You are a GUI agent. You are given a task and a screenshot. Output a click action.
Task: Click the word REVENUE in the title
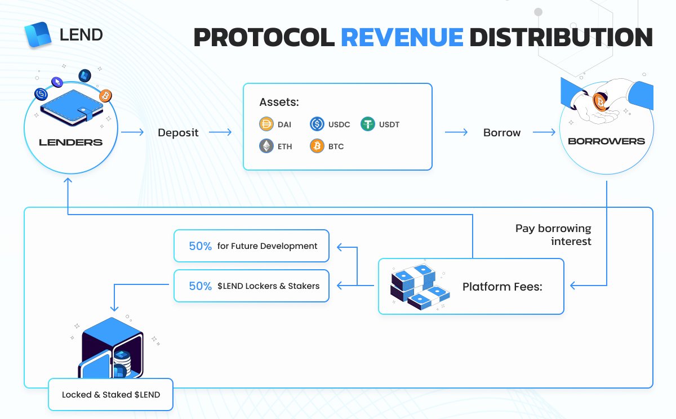point(402,37)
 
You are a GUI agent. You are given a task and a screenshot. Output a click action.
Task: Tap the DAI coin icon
point(266,124)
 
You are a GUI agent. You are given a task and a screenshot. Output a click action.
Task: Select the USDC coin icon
point(317,124)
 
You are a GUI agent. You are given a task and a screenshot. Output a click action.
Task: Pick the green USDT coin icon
point(368,124)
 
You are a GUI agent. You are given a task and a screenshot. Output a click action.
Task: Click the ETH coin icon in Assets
point(266,146)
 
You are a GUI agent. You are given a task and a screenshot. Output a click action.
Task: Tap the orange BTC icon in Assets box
point(317,146)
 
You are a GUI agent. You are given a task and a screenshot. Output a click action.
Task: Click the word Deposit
point(178,133)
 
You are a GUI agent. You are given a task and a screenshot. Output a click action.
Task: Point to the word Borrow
point(502,133)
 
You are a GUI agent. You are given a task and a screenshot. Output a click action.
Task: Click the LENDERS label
point(71,142)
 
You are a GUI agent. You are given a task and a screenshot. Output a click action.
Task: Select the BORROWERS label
point(606,141)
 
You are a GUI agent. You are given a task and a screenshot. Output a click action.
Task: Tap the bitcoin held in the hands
point(601,102)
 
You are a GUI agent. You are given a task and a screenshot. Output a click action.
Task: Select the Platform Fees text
point(502,287)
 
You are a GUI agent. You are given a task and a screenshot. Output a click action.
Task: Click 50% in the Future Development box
point(201,246)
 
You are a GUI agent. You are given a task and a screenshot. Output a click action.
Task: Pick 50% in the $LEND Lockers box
point(201,286)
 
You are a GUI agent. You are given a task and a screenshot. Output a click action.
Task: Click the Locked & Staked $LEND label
point(111,394)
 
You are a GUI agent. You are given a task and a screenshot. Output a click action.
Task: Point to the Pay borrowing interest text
point(553,235)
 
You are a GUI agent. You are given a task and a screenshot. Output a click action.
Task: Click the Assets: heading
point(279,102)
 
